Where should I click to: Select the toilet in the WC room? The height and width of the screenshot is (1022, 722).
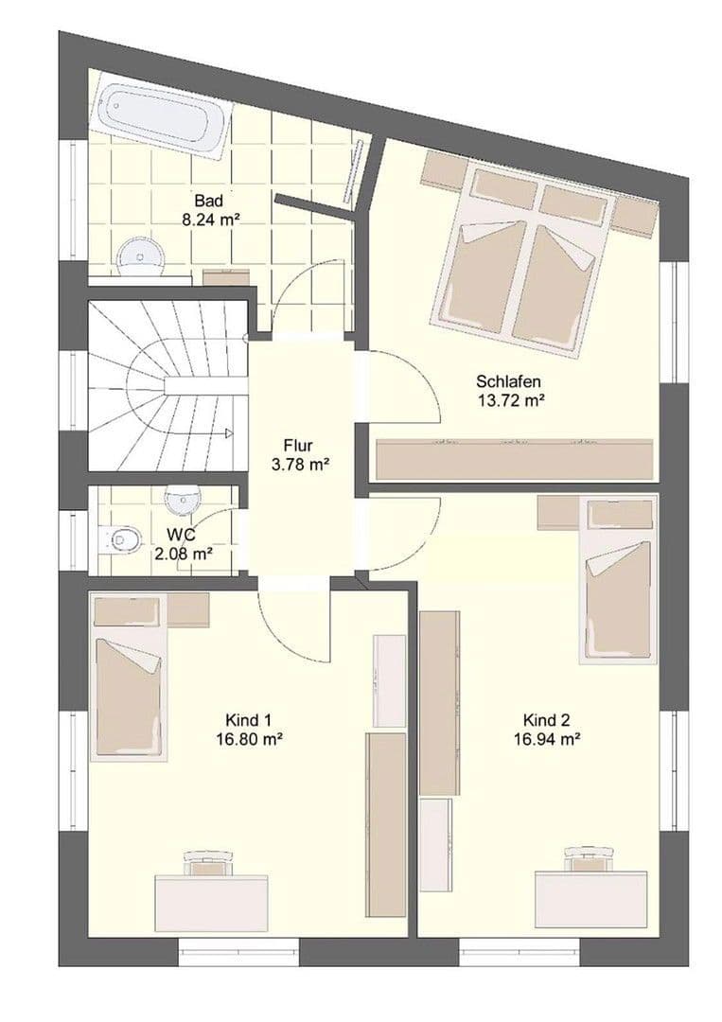[120, 540]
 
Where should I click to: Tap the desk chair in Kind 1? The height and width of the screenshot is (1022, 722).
[208, 863]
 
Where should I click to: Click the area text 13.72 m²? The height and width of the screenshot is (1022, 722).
[508, 400]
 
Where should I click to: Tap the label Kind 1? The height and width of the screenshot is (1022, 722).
[243, 719]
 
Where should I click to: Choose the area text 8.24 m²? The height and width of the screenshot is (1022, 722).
[209, 219]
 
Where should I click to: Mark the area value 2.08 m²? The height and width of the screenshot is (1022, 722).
[183, 555]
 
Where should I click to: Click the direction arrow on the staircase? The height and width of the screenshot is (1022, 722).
[228, 433]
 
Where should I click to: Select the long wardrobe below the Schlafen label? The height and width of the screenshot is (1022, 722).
[515, 460]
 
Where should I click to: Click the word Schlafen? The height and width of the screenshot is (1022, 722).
[508, 381]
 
